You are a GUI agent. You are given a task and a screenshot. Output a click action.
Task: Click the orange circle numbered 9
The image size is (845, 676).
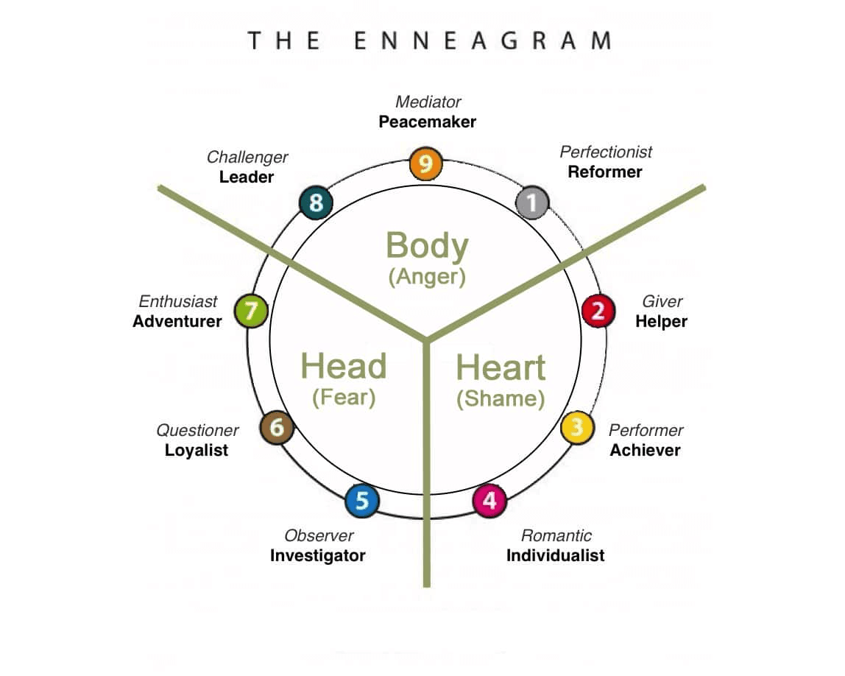pos(426,164)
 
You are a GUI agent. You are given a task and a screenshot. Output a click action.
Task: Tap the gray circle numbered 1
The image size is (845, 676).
pos(532,202)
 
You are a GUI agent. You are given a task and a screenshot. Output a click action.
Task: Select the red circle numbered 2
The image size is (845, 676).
pos(598,311)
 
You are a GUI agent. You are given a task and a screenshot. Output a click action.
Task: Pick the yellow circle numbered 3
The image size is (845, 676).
pos(578,427)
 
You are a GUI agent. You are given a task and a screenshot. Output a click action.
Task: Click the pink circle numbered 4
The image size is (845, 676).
pos(489,501)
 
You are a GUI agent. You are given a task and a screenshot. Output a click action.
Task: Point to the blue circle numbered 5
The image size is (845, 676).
pos(362,501)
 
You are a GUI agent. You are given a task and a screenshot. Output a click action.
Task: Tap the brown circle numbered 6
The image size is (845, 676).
pos(277,428)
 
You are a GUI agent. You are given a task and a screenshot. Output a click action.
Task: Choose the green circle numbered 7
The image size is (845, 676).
pos(251,311)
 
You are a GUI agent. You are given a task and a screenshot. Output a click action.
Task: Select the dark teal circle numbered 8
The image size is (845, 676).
pos(317,203)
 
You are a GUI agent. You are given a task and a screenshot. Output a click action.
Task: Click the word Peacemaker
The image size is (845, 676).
pos(427,122)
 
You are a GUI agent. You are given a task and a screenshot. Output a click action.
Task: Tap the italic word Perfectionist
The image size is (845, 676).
pos(606,152)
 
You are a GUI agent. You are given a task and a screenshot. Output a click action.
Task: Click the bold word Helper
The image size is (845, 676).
pos(661,322)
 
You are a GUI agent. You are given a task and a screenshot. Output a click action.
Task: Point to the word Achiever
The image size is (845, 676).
pos(645,450)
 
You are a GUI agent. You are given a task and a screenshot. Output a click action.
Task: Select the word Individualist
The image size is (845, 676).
pos(555,555)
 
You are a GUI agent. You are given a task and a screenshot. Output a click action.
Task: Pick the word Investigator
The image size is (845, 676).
pos(317,555)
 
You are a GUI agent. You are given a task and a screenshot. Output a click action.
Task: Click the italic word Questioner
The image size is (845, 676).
pos(197,430)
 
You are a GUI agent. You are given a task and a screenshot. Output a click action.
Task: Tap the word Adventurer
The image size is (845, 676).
pos(177,322)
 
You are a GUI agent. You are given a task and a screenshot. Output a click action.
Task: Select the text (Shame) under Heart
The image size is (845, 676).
pos(500,399)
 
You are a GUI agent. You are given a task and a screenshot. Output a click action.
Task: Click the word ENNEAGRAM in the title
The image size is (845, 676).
pos(482,41)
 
